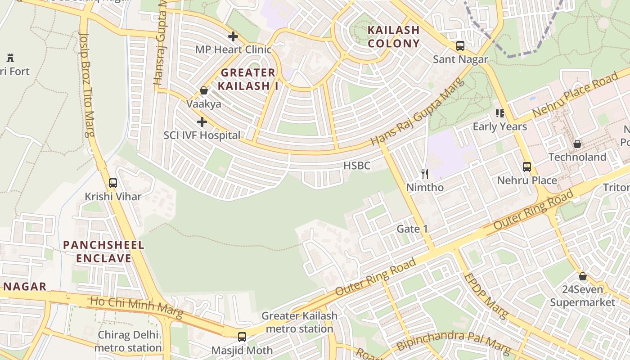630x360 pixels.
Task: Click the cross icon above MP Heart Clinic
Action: [x=233, y=36]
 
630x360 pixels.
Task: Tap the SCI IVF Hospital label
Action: [x=202, y=135]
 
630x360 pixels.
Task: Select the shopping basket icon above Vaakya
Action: [x=204, y=91]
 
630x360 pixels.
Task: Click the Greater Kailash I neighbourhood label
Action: [x=248, y=79]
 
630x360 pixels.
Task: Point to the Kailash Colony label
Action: [x=394, y=37]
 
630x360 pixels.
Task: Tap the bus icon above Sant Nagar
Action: [x=460, y=46]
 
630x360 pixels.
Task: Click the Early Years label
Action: [x=499, y=126]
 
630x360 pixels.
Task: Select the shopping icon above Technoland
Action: [x=577, y=144]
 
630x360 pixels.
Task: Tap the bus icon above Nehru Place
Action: [x=527, y=167]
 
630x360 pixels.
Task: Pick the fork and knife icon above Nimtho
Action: [x=424, y=174]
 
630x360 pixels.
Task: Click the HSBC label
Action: [x=357, y=166]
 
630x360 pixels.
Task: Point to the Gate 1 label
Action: [x=412, y=229]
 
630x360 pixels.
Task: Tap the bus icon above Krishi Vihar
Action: [x=113, y=183]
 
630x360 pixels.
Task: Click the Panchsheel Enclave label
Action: [x=103, y=252]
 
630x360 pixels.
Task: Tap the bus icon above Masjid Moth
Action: [x=242, y=337]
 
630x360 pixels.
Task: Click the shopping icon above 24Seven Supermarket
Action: [x=583, y=276]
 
